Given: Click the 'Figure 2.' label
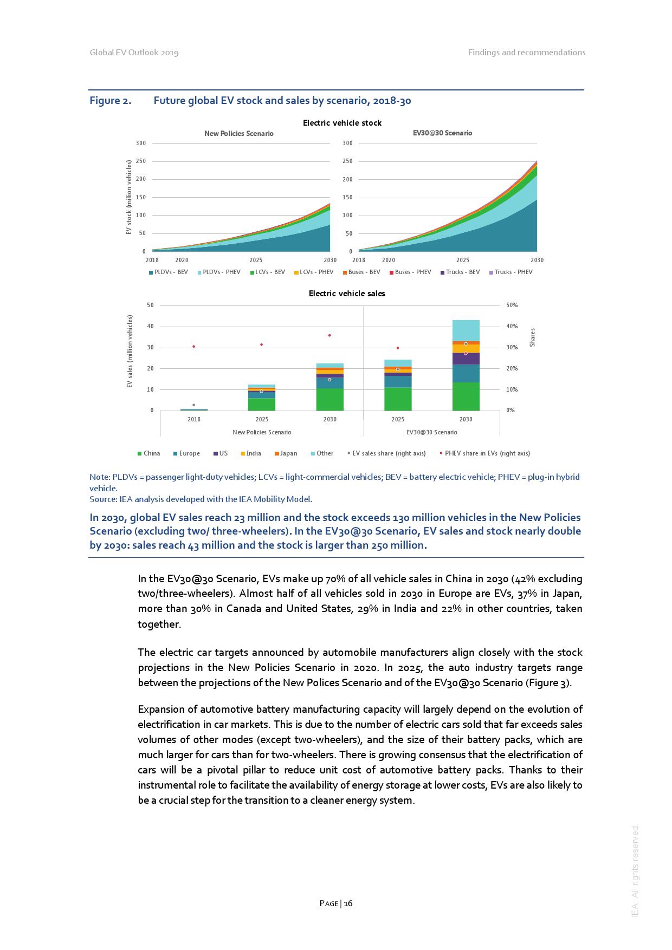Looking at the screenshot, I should [x=110, y=101].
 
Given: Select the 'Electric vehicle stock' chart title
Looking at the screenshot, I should [x=342, y=123].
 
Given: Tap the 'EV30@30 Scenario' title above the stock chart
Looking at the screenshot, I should [x=442, y=133].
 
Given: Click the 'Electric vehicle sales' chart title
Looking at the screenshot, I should [x=347, y=294].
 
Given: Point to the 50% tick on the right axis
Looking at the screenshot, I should [x=512, y=305].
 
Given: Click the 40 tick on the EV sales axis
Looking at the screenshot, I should [x=150, y=327].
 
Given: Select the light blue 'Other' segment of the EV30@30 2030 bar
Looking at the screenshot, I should [x=466, y=330].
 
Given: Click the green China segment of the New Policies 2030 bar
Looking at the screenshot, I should [x=329, y=399].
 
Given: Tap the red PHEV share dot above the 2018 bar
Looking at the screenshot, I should [x=193, y=347].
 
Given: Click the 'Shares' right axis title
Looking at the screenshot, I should [x=532, y=337].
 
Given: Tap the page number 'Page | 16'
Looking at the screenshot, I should [x=336, y=903].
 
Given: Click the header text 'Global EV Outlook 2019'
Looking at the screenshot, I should [x=134, y=53].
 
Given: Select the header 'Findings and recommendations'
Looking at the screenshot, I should [x=526, y=53].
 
